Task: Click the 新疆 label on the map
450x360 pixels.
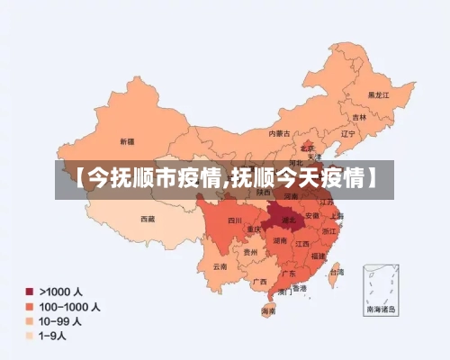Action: coord(127,141)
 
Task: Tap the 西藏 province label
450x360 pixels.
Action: coord(148,219)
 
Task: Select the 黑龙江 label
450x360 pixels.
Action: coord(378,94)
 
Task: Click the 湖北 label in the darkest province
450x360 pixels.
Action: coord(289,219)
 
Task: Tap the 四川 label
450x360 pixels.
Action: coord(234,220)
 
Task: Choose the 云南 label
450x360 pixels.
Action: coord(220,266)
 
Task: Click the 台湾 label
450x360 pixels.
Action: coord(336,271)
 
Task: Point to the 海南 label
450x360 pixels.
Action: coord(268,310)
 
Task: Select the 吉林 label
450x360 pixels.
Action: coord(359,117)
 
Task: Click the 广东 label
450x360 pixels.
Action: coord(289,273)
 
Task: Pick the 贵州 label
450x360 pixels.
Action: coord(249,253)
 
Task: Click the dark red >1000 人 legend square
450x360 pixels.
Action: coord(30,292)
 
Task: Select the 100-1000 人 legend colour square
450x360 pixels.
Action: coord(30,306)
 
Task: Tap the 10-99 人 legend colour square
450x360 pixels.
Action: coord(30,320)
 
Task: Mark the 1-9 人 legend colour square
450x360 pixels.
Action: coord(30,335)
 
